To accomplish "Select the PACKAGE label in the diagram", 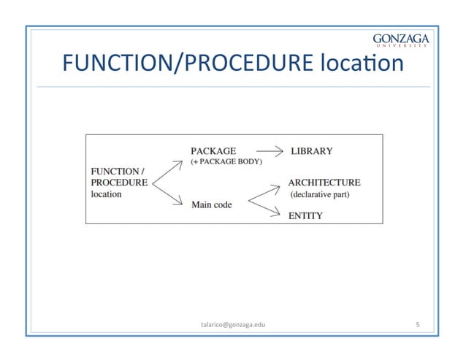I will [x=213, y=151].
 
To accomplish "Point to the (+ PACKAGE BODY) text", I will [x=226, y=161].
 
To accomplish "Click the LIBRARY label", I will [x=312, y=151].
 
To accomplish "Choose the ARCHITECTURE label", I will [x=324, y=182].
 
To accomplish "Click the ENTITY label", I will [x=307, y=215].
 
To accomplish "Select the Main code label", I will [x=212, y=204].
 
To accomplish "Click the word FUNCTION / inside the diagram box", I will [x=117, y=170].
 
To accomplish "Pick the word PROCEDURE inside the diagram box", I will [x=118, y=182].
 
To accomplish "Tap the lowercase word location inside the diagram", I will [x=107, y=194].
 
